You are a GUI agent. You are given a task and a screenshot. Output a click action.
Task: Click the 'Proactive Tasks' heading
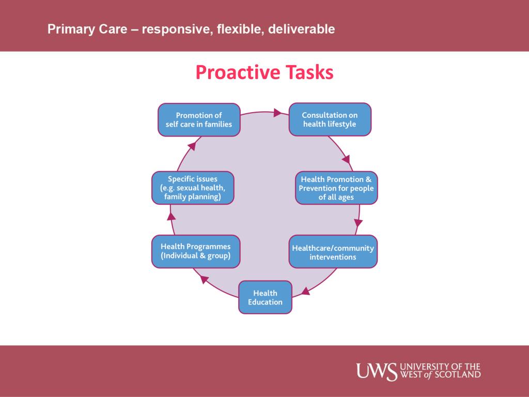click(x=264, y=73)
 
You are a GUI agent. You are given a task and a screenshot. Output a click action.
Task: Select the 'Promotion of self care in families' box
click(x=199, y=120)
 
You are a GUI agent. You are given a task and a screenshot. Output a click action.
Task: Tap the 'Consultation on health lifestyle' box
click(x=330, y=120)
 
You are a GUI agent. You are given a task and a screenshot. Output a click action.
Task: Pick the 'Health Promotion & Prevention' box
click(x=336, y=188)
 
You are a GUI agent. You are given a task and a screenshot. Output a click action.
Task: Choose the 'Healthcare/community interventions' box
click(x=333, y=252)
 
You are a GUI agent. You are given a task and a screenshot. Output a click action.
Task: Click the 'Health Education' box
click(x=265, y=297)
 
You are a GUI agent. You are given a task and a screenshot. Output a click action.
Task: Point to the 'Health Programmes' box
click(x=196, y=251)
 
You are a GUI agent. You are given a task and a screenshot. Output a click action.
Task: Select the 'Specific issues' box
click(x=193, y=188)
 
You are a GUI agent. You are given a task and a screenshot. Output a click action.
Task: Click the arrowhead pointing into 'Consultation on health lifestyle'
click(x=278, y=112)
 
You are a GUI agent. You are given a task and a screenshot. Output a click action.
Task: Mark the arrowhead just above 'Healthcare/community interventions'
click(x=357, y=223)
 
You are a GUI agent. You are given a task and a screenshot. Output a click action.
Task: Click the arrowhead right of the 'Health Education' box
click(x=305, y=291)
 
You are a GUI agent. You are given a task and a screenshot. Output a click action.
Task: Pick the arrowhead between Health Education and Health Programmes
click(x=205, y=280)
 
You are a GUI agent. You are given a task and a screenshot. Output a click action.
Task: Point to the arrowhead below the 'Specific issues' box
click(x=172, y=216)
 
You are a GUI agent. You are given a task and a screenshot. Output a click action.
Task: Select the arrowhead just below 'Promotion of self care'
click(x=192, y=146)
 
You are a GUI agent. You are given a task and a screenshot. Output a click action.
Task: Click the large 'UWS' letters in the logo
click(x=377, y=371)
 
